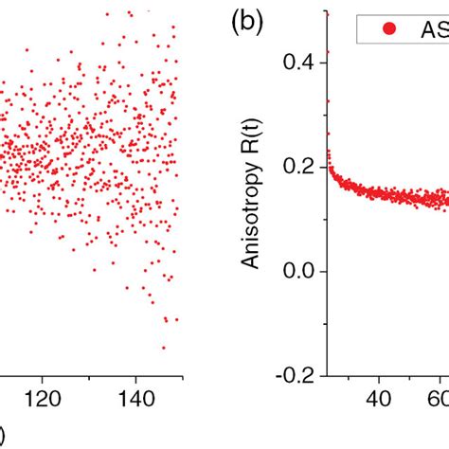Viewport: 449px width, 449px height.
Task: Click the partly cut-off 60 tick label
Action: (x=440, y=395)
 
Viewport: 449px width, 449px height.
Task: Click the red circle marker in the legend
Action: (x=388, y=28)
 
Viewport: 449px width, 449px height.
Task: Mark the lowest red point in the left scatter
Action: (x=163, y=348)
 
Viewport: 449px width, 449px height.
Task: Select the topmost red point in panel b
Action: (x=327, y=13)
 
